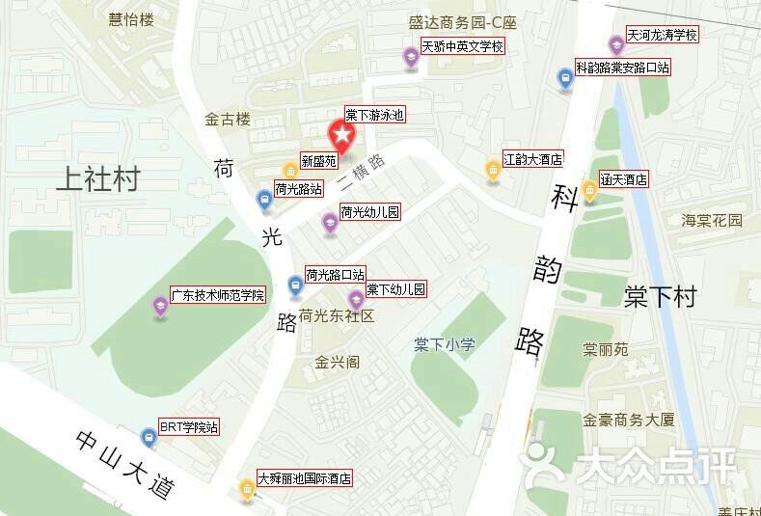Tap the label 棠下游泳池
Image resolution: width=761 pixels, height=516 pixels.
[374, 115]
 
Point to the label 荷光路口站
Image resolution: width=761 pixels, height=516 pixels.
[336, 275]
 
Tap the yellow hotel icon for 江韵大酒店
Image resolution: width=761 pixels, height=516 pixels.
[492, 172]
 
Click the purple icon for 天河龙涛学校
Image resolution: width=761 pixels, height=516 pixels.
[615, 44]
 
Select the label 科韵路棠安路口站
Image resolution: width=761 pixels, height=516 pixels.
[622, 68]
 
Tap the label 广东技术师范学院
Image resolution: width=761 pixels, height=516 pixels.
[217, 294]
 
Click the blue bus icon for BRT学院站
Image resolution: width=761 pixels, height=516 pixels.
[148, 437]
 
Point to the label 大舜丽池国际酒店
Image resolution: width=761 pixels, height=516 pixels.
[304, 478]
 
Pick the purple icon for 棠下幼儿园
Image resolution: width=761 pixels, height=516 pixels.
[356, 297]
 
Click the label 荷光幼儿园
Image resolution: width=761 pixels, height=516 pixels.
[369, 212]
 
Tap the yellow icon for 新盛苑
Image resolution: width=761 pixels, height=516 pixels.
[289, 172]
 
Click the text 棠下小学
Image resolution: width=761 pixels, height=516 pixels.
[445, 343]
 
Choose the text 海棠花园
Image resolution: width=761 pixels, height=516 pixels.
[713, 221]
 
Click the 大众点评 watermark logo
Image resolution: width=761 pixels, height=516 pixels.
[636, 466]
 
